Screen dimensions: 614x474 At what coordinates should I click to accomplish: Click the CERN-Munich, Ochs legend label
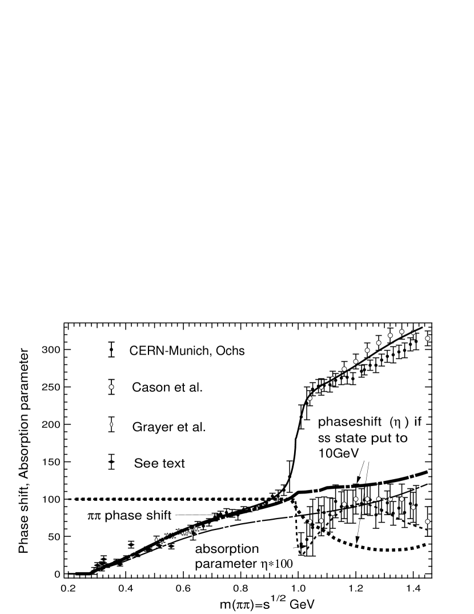pyautogui.click(x=188, y=351)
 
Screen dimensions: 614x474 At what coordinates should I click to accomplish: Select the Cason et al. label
pyautogui.click(x=167, y=387)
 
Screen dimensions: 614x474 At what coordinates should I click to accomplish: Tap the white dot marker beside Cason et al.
pyautogui.click(x=112, y=387)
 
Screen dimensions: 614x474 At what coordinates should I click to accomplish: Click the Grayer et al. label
pyautogui.click(x=168, y=427)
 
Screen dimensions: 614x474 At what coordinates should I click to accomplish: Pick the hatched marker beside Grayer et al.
pyautogui.click(x=112, y=424)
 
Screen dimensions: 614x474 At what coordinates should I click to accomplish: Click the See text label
pyautogui.click(x=159, y=463)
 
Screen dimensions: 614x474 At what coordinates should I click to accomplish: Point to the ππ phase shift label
pyautogui.click(x=130, y=515)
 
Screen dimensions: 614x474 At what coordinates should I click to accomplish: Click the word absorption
pyautogui.click(x=227, y=549)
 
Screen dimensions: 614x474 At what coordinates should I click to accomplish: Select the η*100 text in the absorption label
pyautogui.click(x=276, y=564)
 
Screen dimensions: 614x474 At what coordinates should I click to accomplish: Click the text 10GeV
pyautogui.click(x=341, y=453)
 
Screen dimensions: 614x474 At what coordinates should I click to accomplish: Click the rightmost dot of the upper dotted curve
pyautogui.click(x=428, y=338)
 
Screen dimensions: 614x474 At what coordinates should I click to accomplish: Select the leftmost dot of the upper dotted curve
pyautogui.click(x=310, y=397)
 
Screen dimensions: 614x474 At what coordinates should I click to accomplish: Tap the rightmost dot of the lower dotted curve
pyautogui.click(x=428, y=521)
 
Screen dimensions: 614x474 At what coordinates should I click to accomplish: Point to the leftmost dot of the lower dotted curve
pyautogui.click(x=310, y=521)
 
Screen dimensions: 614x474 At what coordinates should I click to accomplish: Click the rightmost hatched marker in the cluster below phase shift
pyautogui.click(x=196, y=528)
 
